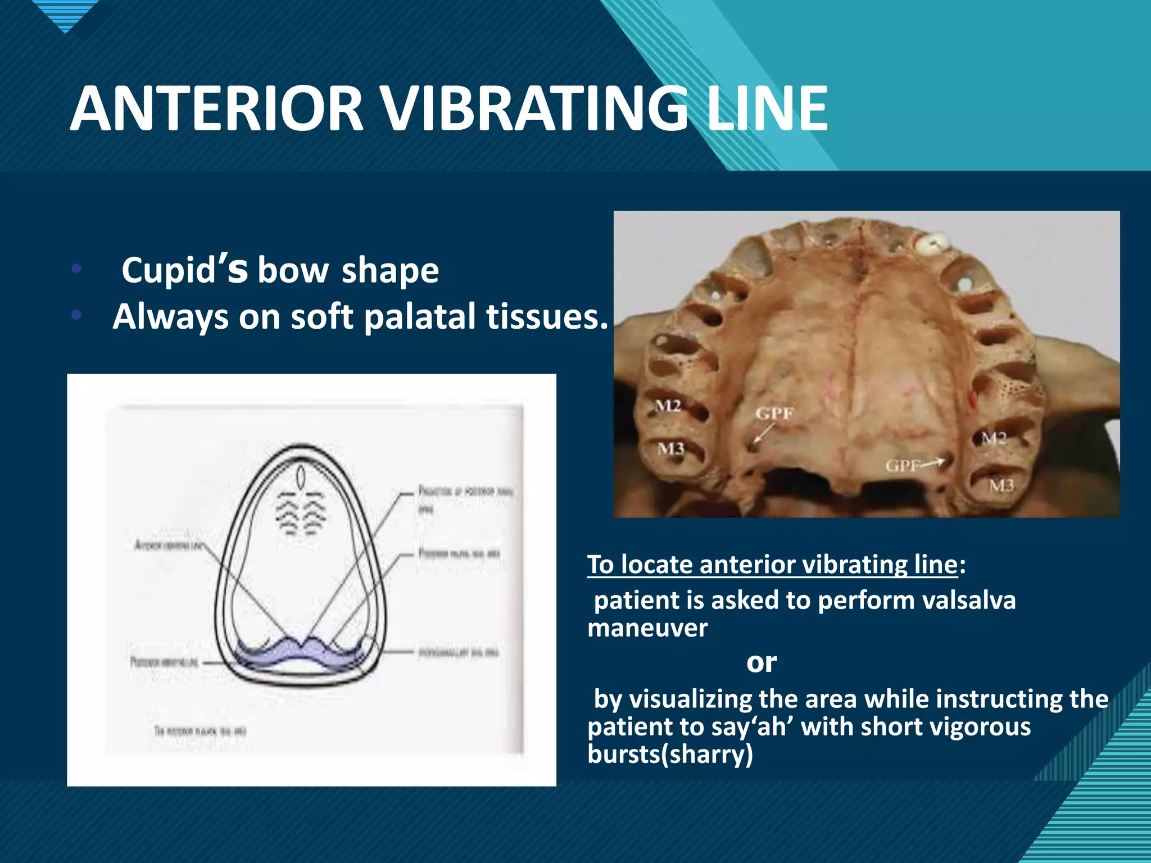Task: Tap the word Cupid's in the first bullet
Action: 184,270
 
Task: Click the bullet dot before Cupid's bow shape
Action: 77,269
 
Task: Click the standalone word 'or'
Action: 761,662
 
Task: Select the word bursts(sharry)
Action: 670,754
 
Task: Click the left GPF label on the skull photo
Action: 774,414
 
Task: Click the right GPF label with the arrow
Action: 903,465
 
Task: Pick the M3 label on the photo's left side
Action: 670,448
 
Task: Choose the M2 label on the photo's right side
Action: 994,438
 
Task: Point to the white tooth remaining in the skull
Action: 932,243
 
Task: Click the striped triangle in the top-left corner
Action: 66,14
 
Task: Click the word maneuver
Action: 647,628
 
